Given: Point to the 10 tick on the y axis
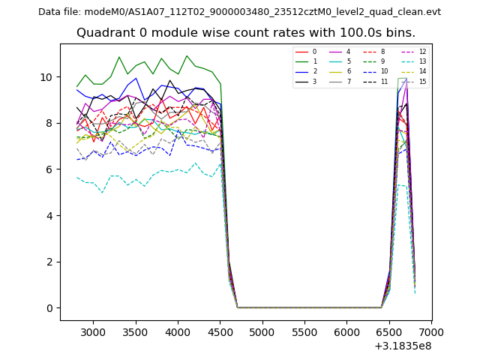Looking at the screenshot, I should coord(46,77).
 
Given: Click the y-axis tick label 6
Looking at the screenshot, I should coord(49,169).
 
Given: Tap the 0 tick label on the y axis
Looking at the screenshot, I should coord(49,308).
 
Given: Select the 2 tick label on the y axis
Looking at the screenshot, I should coord(49,262).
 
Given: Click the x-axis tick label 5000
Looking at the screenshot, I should coord(262,331).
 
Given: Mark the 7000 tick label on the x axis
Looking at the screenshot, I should coord(431,331).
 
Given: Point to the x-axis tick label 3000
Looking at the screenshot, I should coord(93,331).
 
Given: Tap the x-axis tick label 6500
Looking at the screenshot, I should coord(389,331).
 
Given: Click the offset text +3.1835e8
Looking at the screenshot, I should coord(403,346).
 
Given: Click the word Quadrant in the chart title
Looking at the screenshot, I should coord(103,33).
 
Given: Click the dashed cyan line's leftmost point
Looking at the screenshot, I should coord(76,178).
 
